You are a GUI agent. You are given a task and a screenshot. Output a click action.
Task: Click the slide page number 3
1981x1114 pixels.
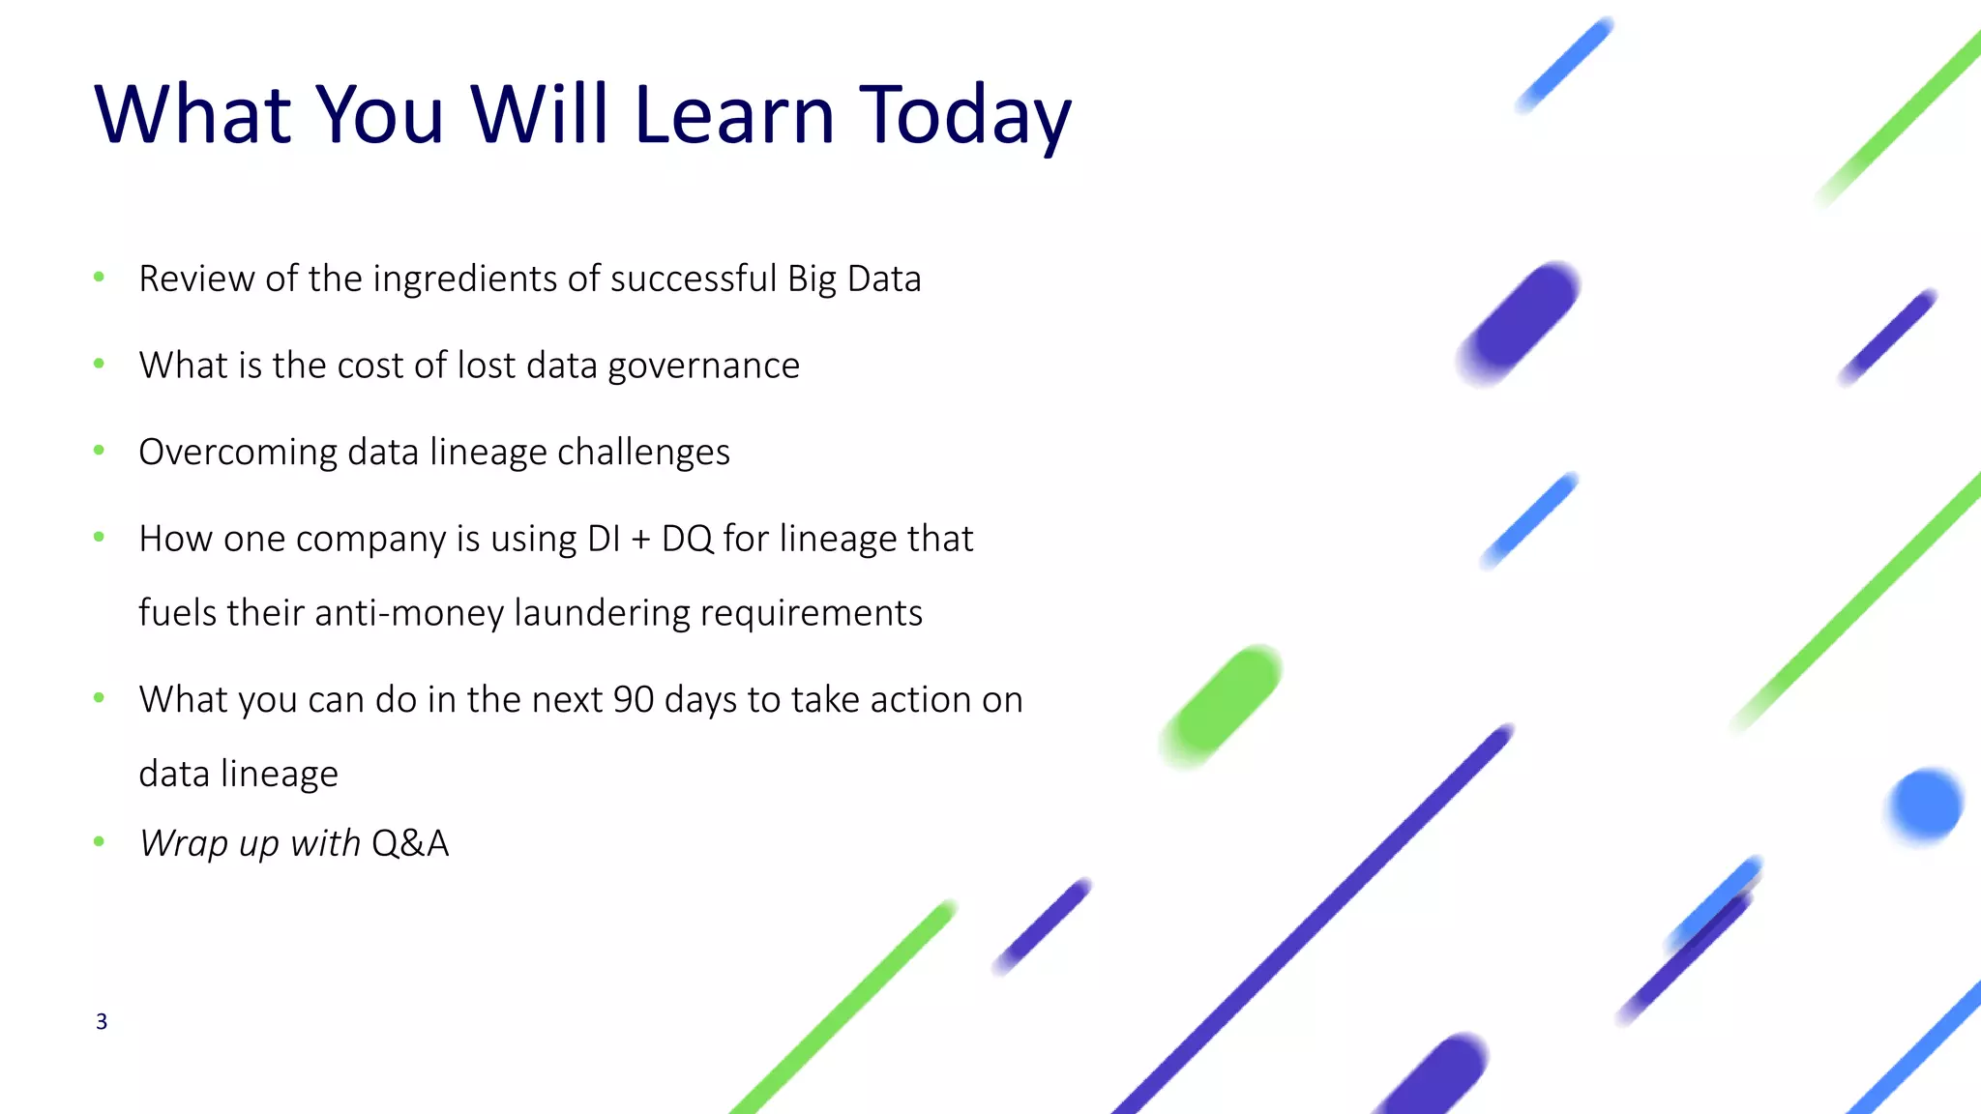tap(102, 1021)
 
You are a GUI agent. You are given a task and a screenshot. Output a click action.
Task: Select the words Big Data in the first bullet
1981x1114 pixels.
tap(854, 278)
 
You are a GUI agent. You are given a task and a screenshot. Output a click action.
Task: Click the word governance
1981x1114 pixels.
tap(703, 366)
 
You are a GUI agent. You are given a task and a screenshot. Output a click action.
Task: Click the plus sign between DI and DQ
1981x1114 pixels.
tap(640, 540)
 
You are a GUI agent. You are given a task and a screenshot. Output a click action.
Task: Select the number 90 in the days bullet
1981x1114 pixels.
tap(634, 699)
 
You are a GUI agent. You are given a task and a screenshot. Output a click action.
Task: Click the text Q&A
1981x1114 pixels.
tap(410, 843)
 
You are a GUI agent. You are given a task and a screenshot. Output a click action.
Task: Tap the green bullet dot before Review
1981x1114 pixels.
tap(99, 278)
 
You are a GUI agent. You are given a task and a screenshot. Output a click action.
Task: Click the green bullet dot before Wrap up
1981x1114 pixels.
tap(99, 841)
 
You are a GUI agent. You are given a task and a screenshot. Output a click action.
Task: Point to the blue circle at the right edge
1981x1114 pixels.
tap(1925, 806)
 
